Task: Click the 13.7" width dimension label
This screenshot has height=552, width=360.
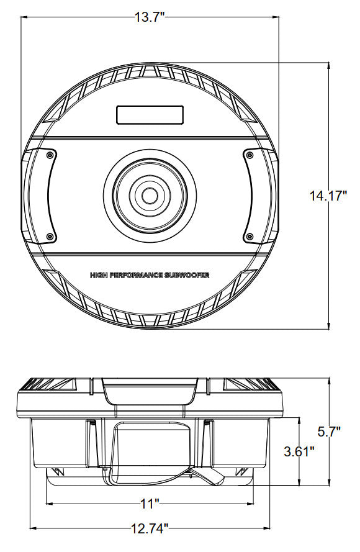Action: coord(150,17)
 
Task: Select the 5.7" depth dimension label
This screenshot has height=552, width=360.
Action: coord(329,432)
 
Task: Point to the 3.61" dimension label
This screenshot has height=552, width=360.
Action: coord(299,451)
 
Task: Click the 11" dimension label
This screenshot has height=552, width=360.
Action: coord(150,504)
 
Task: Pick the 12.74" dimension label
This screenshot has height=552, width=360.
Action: coord(150,528)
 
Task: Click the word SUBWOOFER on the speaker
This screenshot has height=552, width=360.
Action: coord(187,275)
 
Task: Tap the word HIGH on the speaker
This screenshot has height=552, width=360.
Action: coord(99,275)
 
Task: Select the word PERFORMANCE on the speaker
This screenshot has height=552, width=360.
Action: coord(136,275)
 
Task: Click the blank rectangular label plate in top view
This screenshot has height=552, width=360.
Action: coord(150,115)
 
